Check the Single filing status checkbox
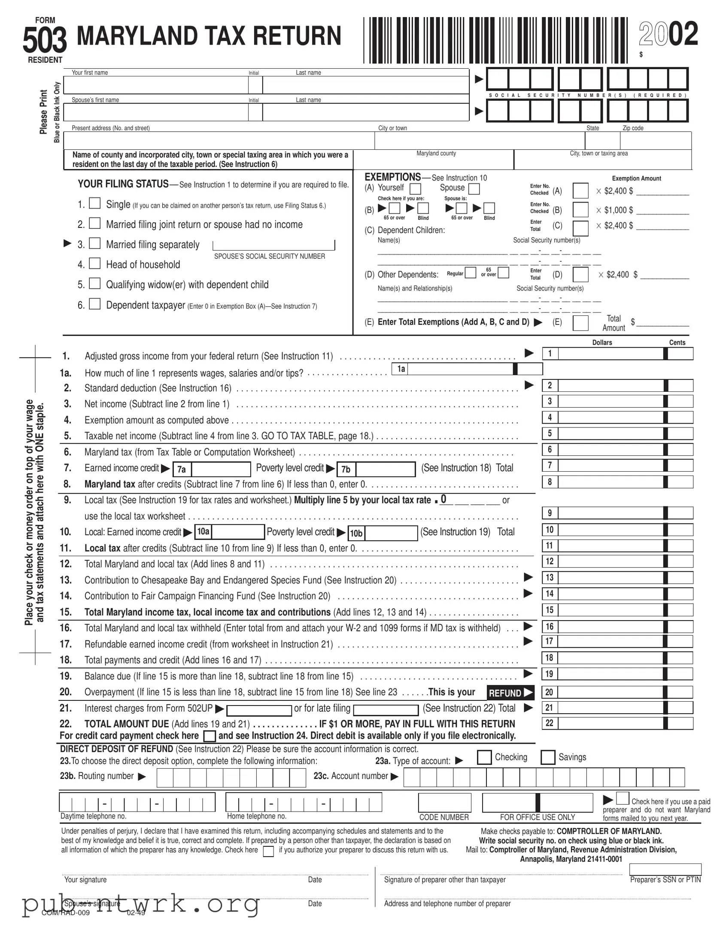click(94, 203)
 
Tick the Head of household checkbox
click(94, 263)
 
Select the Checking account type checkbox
click(484, 757)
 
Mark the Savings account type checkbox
click(547, 757)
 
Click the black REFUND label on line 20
click(510, 693)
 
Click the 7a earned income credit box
click(221, 469)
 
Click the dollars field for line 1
click(611, 354)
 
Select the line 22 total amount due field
click(611, 723)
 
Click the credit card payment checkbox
click(210, 736)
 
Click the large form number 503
click(45, 39)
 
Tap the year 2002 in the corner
click(668, 34)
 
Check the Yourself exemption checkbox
click(416, 189)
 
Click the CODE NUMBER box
click(444, 803)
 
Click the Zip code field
click(656, 141)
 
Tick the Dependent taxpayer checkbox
click(94, 304)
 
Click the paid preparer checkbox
click(623, 798)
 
